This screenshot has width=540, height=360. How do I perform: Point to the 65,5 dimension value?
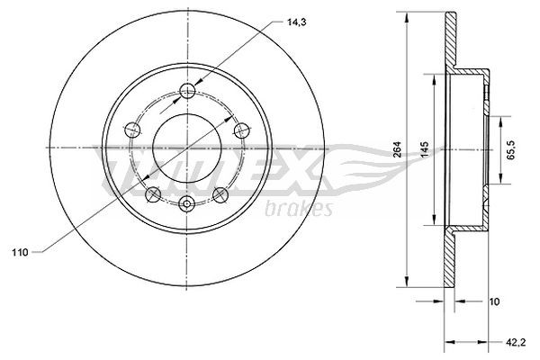click(509, 145)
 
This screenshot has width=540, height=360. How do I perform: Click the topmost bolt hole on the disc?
click(187, 90)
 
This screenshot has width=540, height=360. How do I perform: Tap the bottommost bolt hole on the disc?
click(187, 201)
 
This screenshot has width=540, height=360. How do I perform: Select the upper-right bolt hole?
click(240, 130)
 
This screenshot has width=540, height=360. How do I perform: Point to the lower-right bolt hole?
click(220, 192)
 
